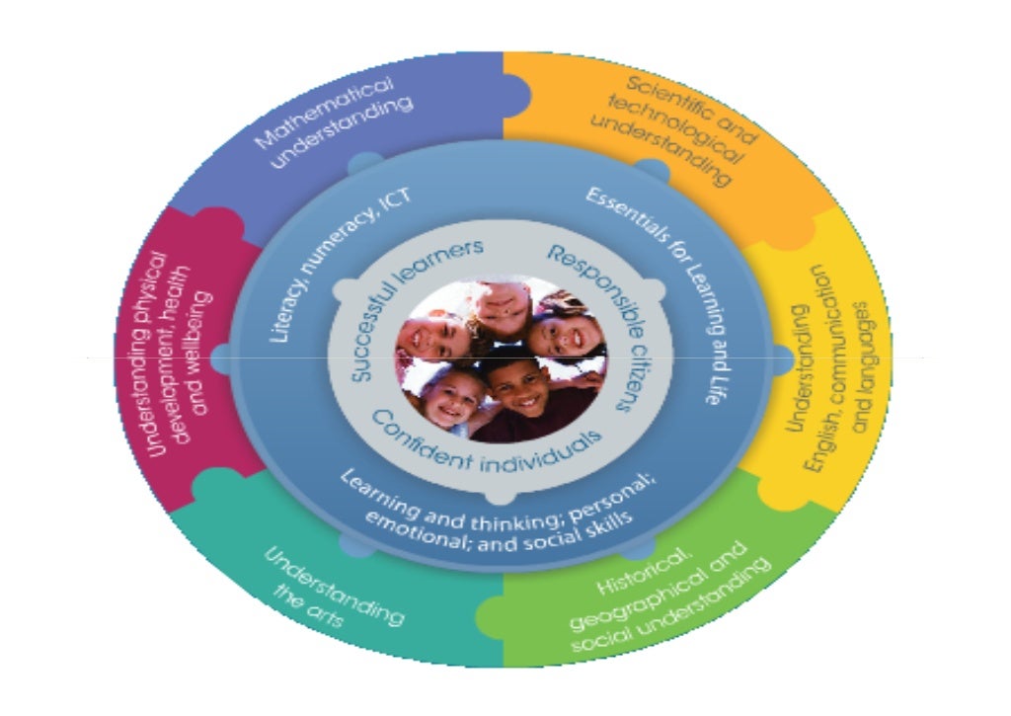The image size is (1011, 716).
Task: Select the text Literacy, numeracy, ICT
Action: [x=336, y=261]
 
